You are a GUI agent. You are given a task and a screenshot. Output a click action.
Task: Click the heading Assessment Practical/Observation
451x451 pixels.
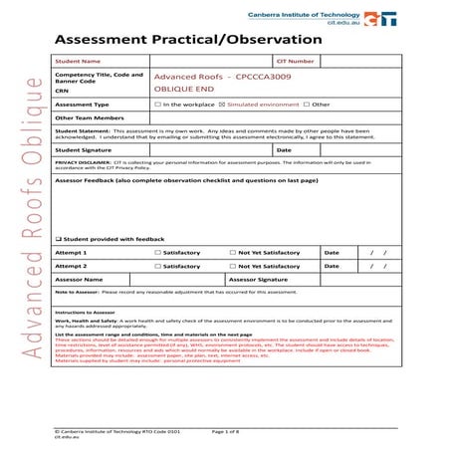[x=189, y=39]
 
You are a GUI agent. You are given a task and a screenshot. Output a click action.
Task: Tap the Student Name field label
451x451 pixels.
[x=79, y=62]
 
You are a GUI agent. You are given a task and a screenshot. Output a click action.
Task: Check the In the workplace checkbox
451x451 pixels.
[x=157, y=104]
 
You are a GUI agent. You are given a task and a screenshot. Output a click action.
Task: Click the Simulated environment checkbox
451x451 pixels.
[x=222, y=104]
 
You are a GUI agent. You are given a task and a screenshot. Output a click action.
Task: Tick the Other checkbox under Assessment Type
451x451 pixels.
[x=308, y=104]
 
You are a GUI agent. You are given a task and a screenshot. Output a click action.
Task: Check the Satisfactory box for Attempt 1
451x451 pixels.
[x=158, y=253]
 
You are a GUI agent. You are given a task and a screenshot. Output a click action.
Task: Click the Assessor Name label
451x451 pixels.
[x=80, y=280]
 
